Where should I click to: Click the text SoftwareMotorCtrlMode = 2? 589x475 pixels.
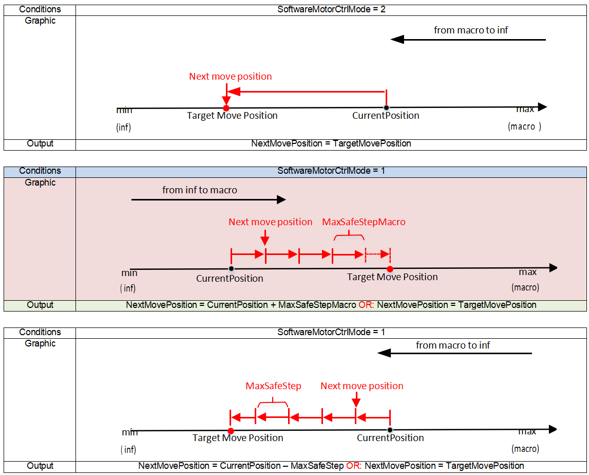point(331,9)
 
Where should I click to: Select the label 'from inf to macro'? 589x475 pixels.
point(200,190)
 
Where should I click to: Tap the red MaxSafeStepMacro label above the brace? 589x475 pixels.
point(364,222)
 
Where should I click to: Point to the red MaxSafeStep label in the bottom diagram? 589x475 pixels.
point(273,386)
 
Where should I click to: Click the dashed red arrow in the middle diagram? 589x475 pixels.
point(378,254)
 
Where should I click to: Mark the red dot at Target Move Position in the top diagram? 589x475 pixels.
point(226,107)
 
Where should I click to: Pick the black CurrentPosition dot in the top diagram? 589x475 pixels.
point(386,107)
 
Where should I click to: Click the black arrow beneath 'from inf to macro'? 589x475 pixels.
point(208,199)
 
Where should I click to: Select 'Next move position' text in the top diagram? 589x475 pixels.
point(230,77)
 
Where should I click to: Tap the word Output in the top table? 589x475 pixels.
point(40,144)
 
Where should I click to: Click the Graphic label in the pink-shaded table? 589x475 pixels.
point(40,182)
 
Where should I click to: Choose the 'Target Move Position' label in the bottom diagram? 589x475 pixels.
point(238,438)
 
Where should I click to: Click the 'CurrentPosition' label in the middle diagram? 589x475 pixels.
point(230,279)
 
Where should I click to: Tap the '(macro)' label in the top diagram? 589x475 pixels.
point(524,126)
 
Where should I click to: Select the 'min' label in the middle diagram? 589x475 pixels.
point(129,273)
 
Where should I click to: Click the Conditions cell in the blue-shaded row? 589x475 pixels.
point(40,171)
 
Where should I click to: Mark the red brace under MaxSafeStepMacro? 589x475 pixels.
point(349,236)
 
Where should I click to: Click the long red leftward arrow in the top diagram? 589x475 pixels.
point(306,92)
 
